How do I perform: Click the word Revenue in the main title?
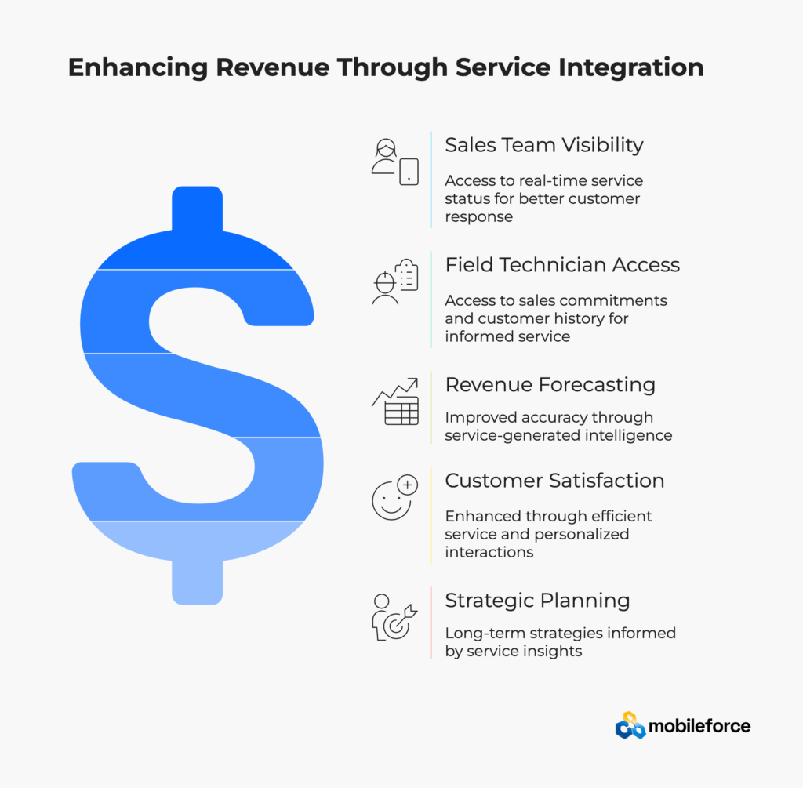[272, 67]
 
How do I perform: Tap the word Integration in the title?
[631, 67]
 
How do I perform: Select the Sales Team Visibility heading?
[544, 145]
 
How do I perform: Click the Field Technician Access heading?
[562, 265]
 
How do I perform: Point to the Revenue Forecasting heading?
[550, 384]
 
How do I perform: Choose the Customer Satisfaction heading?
[554, 481]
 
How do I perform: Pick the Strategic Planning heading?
[537, 600]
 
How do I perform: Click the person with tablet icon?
[395, 162]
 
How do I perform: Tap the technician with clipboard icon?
[395, 281]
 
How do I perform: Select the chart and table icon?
[395, 401]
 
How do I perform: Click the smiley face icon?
[395, 497]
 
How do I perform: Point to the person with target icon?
[395, 618]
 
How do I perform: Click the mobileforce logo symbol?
[630, 725]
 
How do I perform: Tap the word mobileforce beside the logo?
[699, 726]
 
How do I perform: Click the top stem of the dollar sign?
[197, 209]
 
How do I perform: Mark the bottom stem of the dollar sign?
[197, 582]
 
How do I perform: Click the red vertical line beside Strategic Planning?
[431, 623]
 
